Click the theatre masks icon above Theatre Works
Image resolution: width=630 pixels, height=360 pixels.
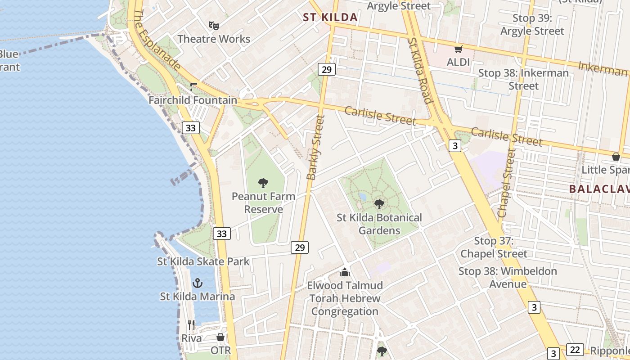tap(214, 26)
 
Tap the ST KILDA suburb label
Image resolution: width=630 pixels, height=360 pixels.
tap(330, 18)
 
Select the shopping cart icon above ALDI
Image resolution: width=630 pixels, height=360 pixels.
tap(458, 49)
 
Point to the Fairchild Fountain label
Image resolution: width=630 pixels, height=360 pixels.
tap(193, 100)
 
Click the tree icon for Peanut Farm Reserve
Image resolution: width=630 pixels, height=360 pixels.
tap(263, 183)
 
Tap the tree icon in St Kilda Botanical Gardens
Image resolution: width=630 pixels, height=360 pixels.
tap(379, 204)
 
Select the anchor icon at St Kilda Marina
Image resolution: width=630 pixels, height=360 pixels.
tap(197, 283)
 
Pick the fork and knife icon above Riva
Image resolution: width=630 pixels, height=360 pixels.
tap(192, 324)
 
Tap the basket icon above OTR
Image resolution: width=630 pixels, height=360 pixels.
tap(220, 337)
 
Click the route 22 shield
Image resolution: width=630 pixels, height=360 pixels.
tap(575, 350)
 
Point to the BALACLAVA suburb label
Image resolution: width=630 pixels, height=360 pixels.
tap(599, 189)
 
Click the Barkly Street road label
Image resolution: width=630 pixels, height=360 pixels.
tap(315, 147)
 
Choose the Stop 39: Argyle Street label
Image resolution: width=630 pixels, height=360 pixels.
tap(532, 25)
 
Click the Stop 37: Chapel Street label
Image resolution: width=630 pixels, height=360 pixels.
tap(494, 247)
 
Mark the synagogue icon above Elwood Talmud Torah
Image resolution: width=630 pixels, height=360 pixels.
tap(345, 272)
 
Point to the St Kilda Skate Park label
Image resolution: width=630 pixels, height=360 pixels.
tap(203, 261)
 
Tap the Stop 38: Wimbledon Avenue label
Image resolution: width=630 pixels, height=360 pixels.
tap(508, 278)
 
